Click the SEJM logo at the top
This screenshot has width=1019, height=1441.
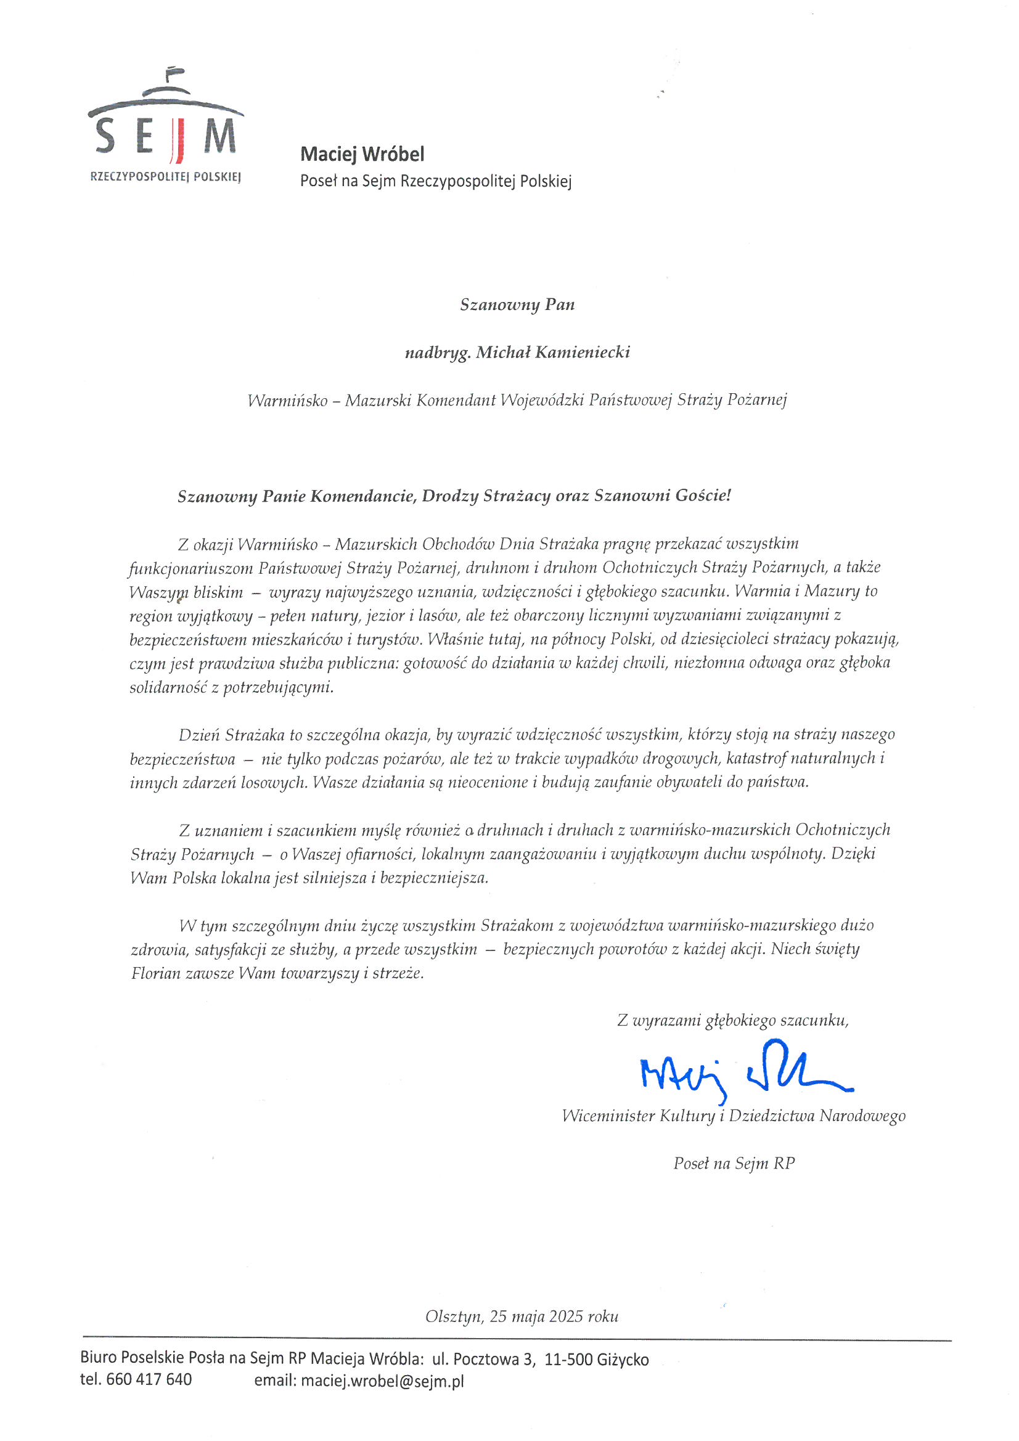pos(166,126)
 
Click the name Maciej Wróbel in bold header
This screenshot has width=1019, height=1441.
pos(362,154)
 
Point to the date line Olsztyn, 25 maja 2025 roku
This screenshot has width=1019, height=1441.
pos(521,1316)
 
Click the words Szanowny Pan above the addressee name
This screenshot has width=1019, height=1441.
pos(517,304)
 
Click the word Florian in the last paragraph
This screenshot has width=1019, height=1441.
pos(156,973)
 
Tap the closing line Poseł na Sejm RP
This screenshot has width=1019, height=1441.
pos(734,1163)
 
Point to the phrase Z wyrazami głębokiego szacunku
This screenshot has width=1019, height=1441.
pos(732,1021)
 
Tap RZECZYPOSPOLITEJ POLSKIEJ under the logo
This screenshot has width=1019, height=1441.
pos(166,177)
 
